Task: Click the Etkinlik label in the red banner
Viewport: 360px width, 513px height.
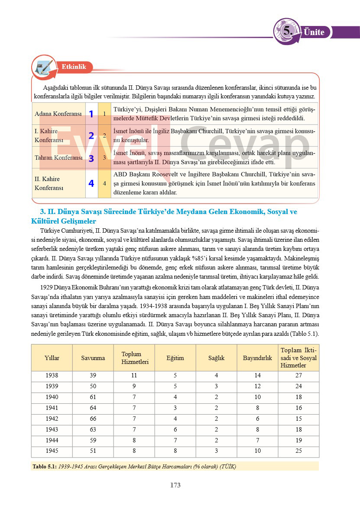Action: click(74, 67)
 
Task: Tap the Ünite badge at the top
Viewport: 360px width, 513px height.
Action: click(314, 32)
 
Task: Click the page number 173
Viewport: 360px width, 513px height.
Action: click(175, 485)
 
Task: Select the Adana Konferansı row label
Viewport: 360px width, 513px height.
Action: click(58, 114)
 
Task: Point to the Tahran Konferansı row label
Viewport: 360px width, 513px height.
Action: click(58, 158)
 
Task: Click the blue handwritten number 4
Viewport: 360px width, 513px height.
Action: click(91, 183)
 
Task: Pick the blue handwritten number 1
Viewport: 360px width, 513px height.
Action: click(91, 114)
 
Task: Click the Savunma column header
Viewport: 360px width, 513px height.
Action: click(93, 358)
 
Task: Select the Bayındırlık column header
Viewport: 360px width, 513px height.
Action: click(257, 358)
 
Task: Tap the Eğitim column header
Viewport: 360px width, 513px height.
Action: click(175, 358)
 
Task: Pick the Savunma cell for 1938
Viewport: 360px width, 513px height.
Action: click(93, 376)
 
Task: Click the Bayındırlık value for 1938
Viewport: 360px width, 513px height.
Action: click(257, 376)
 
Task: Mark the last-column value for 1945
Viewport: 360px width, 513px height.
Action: click(298, 451)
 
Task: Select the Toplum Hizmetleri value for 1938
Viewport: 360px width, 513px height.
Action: click(134, 376)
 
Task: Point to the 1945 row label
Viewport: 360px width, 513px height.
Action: click(52, 451)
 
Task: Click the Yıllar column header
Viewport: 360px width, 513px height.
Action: click(52, 358)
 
